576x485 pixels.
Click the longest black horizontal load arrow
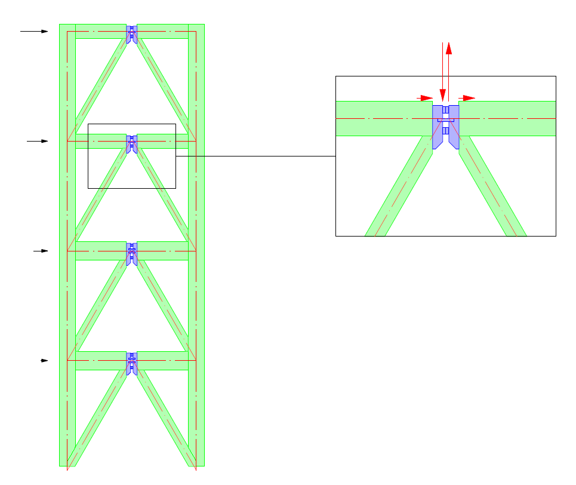(x=33, y=31)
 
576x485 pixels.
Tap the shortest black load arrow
(x=44, y=361)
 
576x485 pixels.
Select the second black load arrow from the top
(x=37, y=141)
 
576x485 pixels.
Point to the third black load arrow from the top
(x=40, y=251)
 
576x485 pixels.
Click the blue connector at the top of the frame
(x=132, y=33)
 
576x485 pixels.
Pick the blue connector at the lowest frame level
(x=132, y=363)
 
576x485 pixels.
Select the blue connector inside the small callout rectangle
(x=132, y=144)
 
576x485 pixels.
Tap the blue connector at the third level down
(x=132, y=253)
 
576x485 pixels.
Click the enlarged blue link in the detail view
(x=446, y=125)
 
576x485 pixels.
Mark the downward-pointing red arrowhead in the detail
(x=442, y=95)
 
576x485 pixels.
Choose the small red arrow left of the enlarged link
(x=424, y=97)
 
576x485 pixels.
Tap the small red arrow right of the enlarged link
(x=467, y=97)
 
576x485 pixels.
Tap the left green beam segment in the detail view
(x=382, y=118)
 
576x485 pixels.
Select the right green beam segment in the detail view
(x=507, y=118)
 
